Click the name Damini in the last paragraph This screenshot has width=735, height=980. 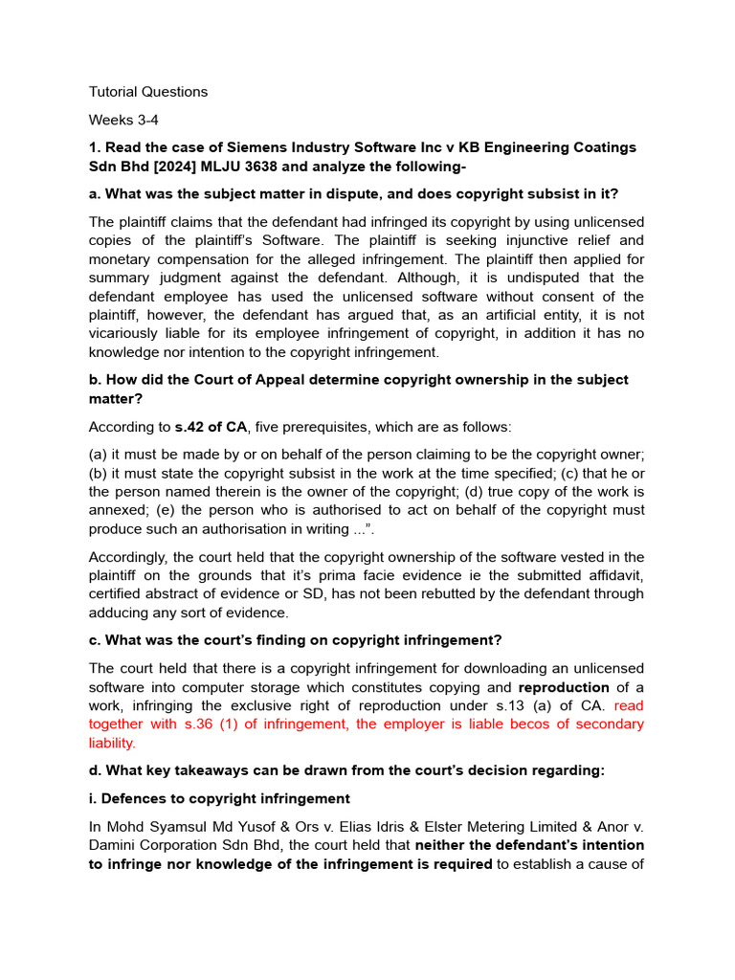(117, 845)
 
